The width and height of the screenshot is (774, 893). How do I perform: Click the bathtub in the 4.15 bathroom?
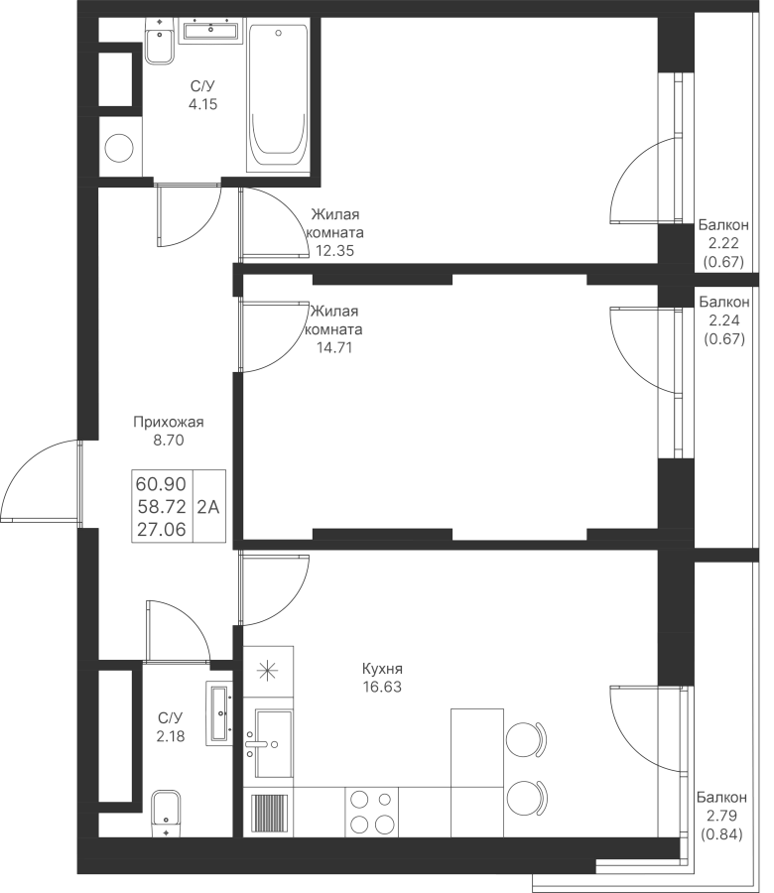pyautogui.click(x=279, y=98)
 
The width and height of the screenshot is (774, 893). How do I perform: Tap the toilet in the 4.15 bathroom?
pyautogui.click(x=160, y=40)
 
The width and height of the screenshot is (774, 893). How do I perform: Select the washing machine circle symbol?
pyautogui.click(x=119, y=148)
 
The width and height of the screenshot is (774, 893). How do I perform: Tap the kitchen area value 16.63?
pyautogui.click(x=382, y=687)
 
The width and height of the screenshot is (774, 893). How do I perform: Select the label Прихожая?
pyautogui.click(x=168, y=422)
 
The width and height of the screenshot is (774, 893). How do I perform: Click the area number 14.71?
pyautogui.click(x=334, y=347)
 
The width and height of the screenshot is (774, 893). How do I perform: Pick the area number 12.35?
pyautogui.click(x=334, y=251)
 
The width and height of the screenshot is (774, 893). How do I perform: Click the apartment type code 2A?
pyautogui.click(x=207, y=506)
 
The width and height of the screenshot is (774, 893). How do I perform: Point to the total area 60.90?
pyautogui.click(x=161, y=484)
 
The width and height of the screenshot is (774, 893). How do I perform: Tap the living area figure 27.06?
pyautogui.click(x=161, y=530)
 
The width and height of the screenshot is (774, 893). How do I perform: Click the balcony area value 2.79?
pyautogui.click(x=721, y=817)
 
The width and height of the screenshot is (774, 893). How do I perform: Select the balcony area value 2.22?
pyautogui.click(x=723, y=243)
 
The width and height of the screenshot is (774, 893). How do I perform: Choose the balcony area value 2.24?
pyautogui.click(x=723, y=320)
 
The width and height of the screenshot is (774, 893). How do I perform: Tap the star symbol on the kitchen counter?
pyautogui.click(x=267, y=671)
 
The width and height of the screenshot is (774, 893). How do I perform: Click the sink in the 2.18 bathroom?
pyautogui.click(x=219, y=713)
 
